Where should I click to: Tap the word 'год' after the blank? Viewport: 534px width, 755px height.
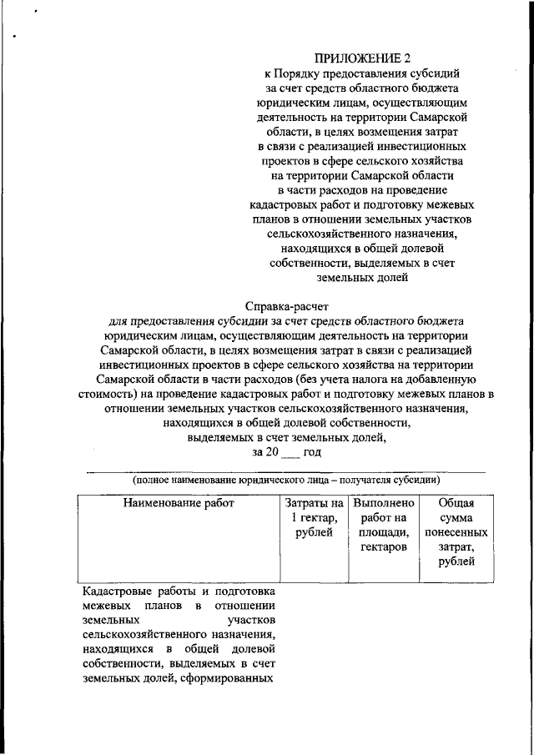313,451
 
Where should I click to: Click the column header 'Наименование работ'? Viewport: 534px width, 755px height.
179,503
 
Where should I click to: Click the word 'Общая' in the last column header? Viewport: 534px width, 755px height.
456,503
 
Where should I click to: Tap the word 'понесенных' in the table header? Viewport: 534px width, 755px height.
456,532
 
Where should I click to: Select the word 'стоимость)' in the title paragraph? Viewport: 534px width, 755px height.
112,395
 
